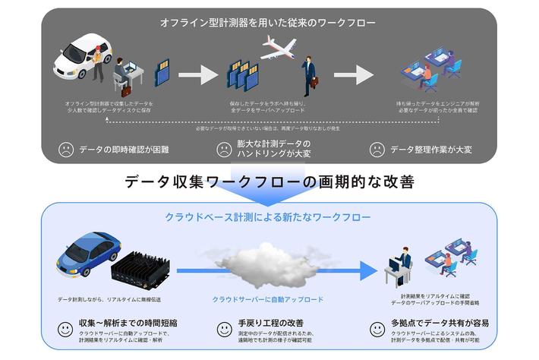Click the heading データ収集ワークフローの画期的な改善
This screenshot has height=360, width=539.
pos(269,182)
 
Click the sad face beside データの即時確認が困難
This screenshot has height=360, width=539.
pos(66,150)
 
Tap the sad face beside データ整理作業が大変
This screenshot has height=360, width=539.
pos(377,150)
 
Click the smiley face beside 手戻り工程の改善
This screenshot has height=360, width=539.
pos(225,329)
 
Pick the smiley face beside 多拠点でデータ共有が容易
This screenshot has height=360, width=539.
pos(377,329)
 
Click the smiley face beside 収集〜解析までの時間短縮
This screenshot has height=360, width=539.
pos(66,329)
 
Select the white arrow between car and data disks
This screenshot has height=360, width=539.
pos(198,74)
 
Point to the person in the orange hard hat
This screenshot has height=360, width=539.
pos(97,60)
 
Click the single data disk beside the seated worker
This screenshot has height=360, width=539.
pos(161,74)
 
